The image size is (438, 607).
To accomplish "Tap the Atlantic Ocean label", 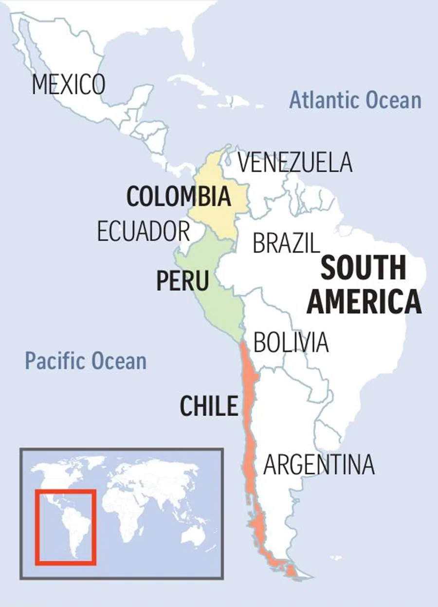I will [x=355, y=100].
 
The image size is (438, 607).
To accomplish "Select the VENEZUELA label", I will [x=294, y=163].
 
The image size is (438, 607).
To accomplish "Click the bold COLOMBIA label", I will [x=178, y=196].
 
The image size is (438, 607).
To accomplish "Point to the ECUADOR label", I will [x=143, y=231].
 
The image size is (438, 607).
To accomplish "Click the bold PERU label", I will [x=182, y=281].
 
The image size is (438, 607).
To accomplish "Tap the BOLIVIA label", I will [x=291, y=342].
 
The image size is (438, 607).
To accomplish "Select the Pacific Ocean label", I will [x=86, y=361].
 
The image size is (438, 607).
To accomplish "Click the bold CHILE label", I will [x=209, y=406].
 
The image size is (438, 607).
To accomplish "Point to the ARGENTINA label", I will [x=319, y=465].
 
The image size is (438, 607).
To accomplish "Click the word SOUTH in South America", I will [x=364, y=268].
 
